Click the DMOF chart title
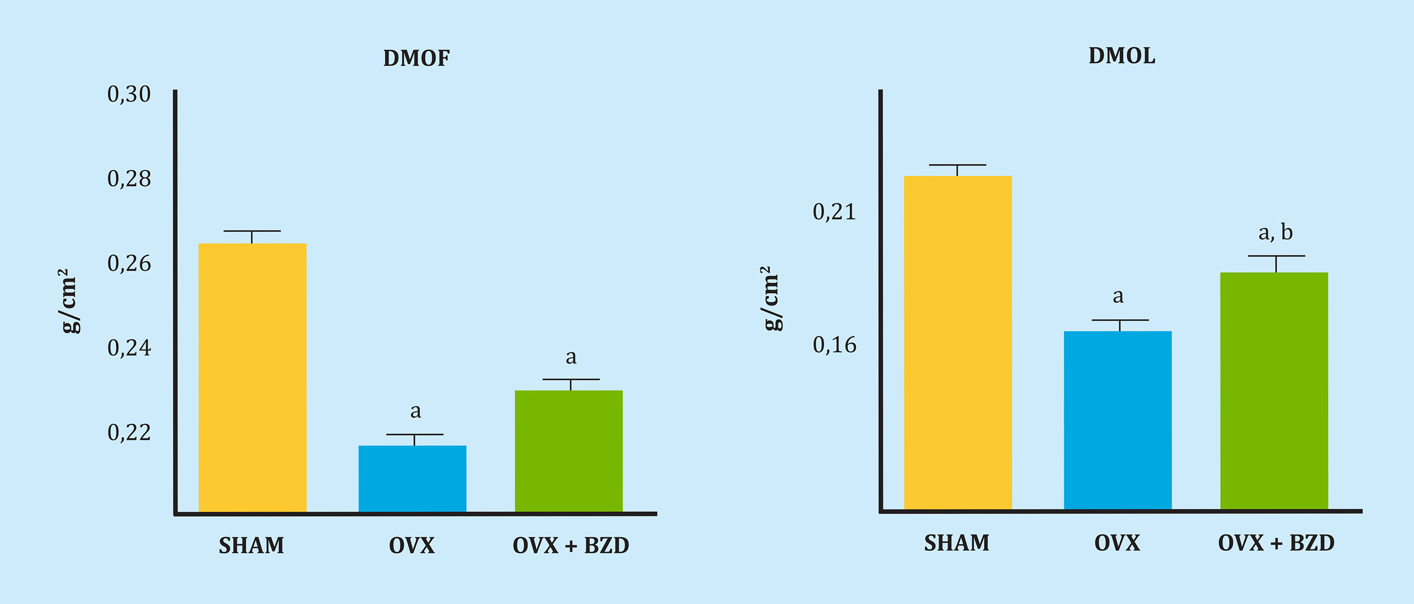coord(416,58)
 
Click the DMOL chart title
coord(1121,56)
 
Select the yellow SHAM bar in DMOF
coord(252,377)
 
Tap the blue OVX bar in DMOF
coord(412,478)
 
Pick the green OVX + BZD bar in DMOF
coord(569,451)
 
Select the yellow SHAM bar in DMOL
coord(957,342)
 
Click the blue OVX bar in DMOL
coord(1118,420)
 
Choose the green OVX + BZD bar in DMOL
coord(1274,390)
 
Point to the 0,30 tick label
coord(129,94)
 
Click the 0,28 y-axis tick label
coord(129,179)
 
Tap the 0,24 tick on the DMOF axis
coord(129,348)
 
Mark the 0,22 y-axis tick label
coord(129,432)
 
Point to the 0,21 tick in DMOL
coord(834,212)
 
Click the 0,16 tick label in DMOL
coord(834,345)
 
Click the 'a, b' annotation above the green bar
coord(1275,232)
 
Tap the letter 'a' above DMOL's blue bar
coord(1118,296)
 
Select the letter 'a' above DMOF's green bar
coord(571,357)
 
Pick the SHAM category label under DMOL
coord(957,543)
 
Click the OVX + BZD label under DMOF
coord(570,546)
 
